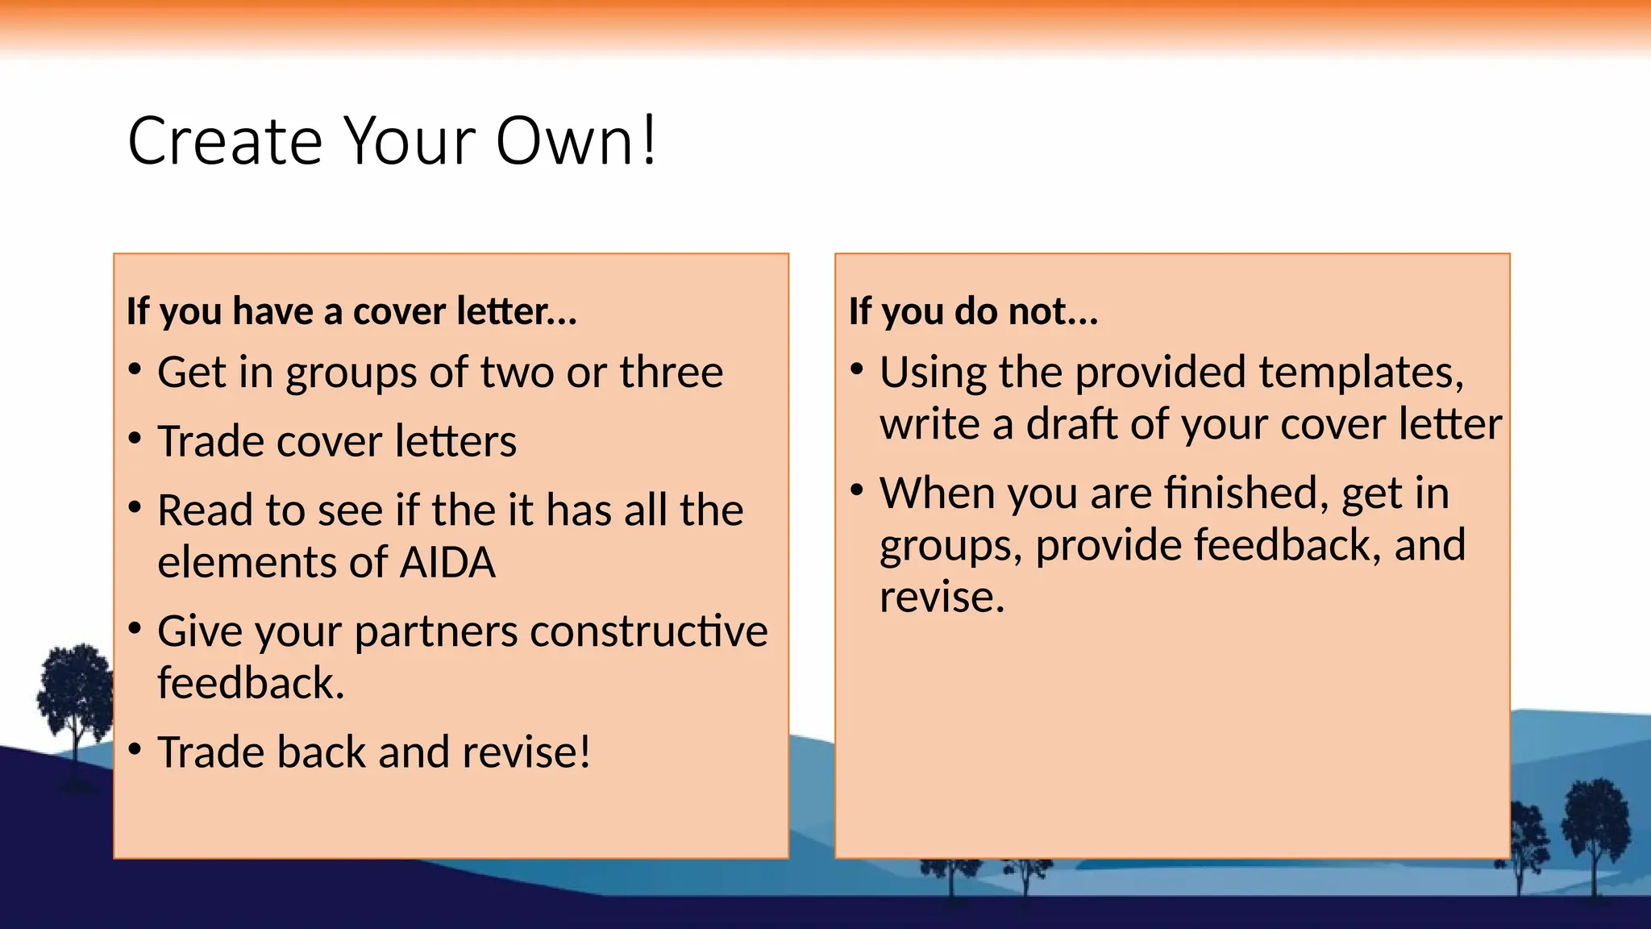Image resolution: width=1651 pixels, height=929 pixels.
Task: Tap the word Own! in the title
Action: [x=576, y=141]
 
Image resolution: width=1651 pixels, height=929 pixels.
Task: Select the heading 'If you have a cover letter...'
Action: [x=351, y=311]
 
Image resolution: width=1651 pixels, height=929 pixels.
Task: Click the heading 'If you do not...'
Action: [x=973, y=311]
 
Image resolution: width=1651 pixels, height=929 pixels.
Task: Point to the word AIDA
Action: [x=447, y=562]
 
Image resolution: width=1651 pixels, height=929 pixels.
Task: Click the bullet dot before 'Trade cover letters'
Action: [x=135, y=439]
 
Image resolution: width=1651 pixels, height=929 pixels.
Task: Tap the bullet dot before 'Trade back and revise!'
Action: [x=135, y=749]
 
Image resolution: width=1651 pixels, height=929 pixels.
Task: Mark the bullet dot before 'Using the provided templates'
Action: [x=857, y=370]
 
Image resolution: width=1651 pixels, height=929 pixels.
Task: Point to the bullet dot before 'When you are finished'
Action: [x=857, y=490]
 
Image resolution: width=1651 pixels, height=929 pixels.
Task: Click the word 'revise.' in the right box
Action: [x=942, y=598]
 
